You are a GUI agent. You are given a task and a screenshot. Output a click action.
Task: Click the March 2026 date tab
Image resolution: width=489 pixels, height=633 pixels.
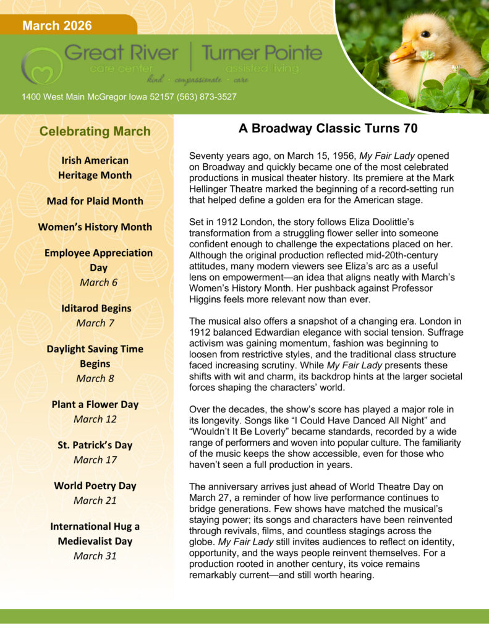coord(57,25)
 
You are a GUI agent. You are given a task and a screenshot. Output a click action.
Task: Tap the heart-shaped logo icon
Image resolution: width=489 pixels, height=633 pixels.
coord(41,66)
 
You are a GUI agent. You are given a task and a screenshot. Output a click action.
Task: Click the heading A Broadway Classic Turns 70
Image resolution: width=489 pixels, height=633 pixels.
coord(328,129)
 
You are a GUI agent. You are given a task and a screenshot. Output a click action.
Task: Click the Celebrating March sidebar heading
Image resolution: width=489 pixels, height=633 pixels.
coord(95,131)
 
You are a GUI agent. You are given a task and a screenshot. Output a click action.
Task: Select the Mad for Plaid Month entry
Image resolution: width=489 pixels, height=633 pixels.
coord(95,201)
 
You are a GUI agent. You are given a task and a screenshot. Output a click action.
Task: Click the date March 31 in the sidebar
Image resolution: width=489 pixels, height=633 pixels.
coord(95,556)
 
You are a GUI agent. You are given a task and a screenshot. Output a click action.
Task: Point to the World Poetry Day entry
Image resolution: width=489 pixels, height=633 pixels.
coord(95,485)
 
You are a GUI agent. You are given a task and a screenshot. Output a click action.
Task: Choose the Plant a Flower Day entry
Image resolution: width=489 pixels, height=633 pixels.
coord(95,404)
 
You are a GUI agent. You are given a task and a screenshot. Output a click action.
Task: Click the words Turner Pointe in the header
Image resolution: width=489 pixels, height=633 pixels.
coord(262,53)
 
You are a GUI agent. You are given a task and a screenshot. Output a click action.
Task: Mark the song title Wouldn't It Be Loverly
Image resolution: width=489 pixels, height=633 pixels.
coord(250,433)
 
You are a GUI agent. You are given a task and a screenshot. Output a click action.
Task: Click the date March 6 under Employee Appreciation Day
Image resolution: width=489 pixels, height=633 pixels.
coord(95,283)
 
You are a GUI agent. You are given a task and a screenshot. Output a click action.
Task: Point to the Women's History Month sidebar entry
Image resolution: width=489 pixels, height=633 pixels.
coord(95,227)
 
